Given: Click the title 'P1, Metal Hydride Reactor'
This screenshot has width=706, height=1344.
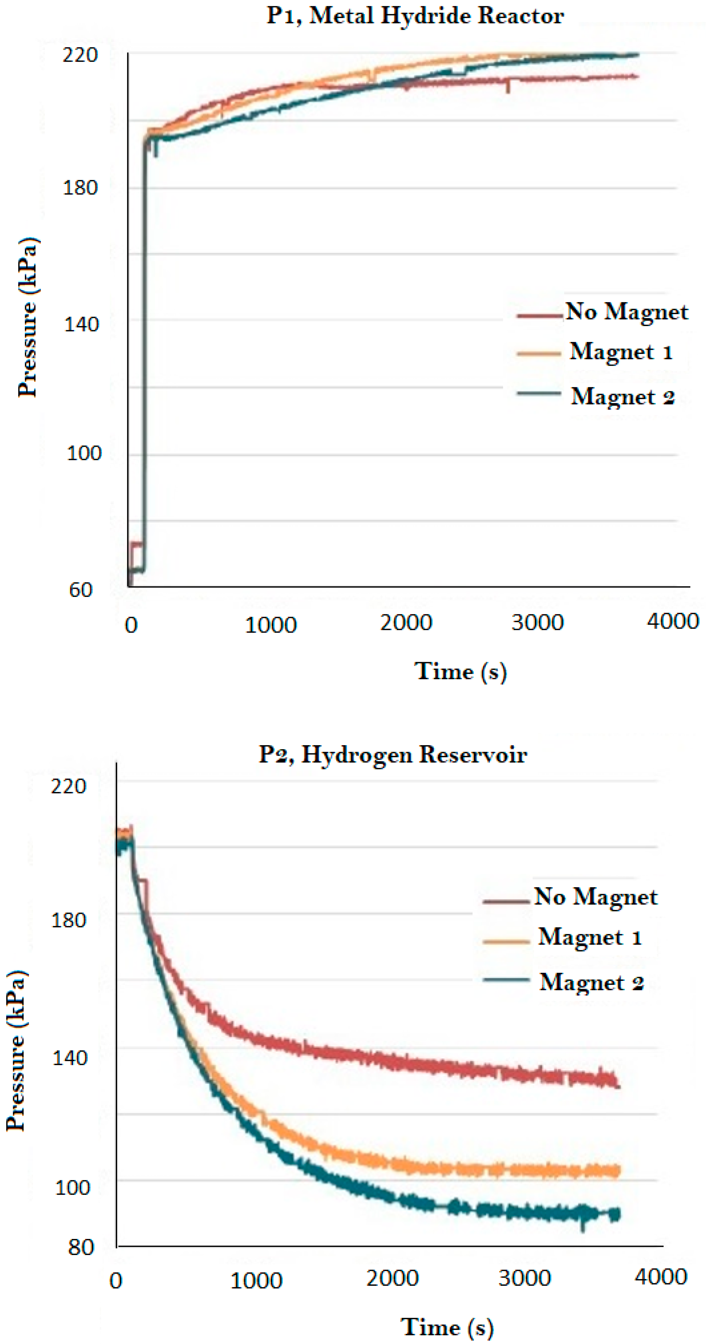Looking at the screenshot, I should tap(415, 16).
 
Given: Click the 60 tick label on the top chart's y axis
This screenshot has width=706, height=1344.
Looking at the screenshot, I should tap(80, 590).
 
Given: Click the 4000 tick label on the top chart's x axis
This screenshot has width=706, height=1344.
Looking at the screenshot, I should tap(673, 621).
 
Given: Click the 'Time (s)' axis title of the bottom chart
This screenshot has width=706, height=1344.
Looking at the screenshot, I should tap(447, 1327).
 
